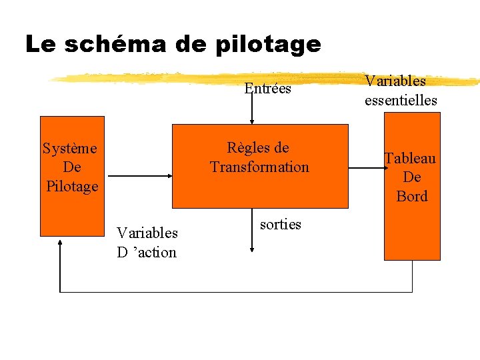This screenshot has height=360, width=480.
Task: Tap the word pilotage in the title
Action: coord(269,45)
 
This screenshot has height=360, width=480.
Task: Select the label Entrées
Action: coord(267,88)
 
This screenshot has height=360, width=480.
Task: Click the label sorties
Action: coord(281,225)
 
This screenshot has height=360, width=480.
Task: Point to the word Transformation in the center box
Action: coord(259,167)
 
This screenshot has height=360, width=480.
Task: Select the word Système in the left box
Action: coord(69,148)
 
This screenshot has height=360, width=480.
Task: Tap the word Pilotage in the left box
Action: coord(72,186)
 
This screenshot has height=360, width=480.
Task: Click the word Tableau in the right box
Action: coord(410,159)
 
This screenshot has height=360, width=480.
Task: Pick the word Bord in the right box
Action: coord(412,196)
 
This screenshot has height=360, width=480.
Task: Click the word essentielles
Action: coord(401,101)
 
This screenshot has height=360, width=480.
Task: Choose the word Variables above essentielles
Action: coord(395,81)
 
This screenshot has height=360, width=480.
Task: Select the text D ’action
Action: coord(147,252)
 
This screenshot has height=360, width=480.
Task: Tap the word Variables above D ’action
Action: coord(147,233)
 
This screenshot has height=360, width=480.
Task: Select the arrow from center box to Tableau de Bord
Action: coord(366,169)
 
